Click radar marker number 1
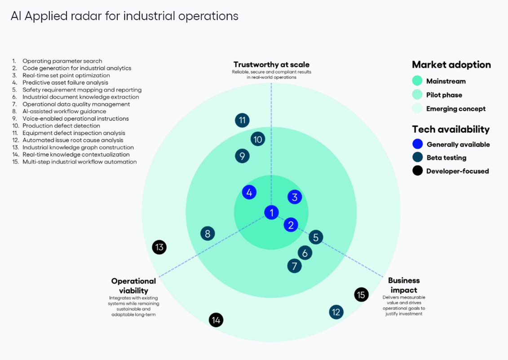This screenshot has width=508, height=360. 271,212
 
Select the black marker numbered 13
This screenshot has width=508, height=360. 159,247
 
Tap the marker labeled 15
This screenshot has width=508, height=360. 361,294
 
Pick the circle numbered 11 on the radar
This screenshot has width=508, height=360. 242,120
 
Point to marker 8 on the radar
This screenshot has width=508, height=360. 208,233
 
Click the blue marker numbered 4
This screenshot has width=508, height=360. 249,193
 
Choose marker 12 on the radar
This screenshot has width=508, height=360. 336,312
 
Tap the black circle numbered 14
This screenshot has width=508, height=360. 216,320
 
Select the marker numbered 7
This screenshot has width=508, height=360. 294,266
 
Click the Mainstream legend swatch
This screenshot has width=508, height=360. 417,81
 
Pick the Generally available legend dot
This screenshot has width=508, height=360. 417,145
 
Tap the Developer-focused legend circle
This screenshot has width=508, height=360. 417,171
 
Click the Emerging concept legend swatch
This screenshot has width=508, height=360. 417,109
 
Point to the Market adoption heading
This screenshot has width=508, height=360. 451,65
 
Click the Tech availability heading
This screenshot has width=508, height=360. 451,129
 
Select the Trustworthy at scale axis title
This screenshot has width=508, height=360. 271,65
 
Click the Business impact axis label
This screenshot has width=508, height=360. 404,285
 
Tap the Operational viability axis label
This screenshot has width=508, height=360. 133,285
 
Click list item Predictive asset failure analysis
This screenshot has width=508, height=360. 65,83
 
